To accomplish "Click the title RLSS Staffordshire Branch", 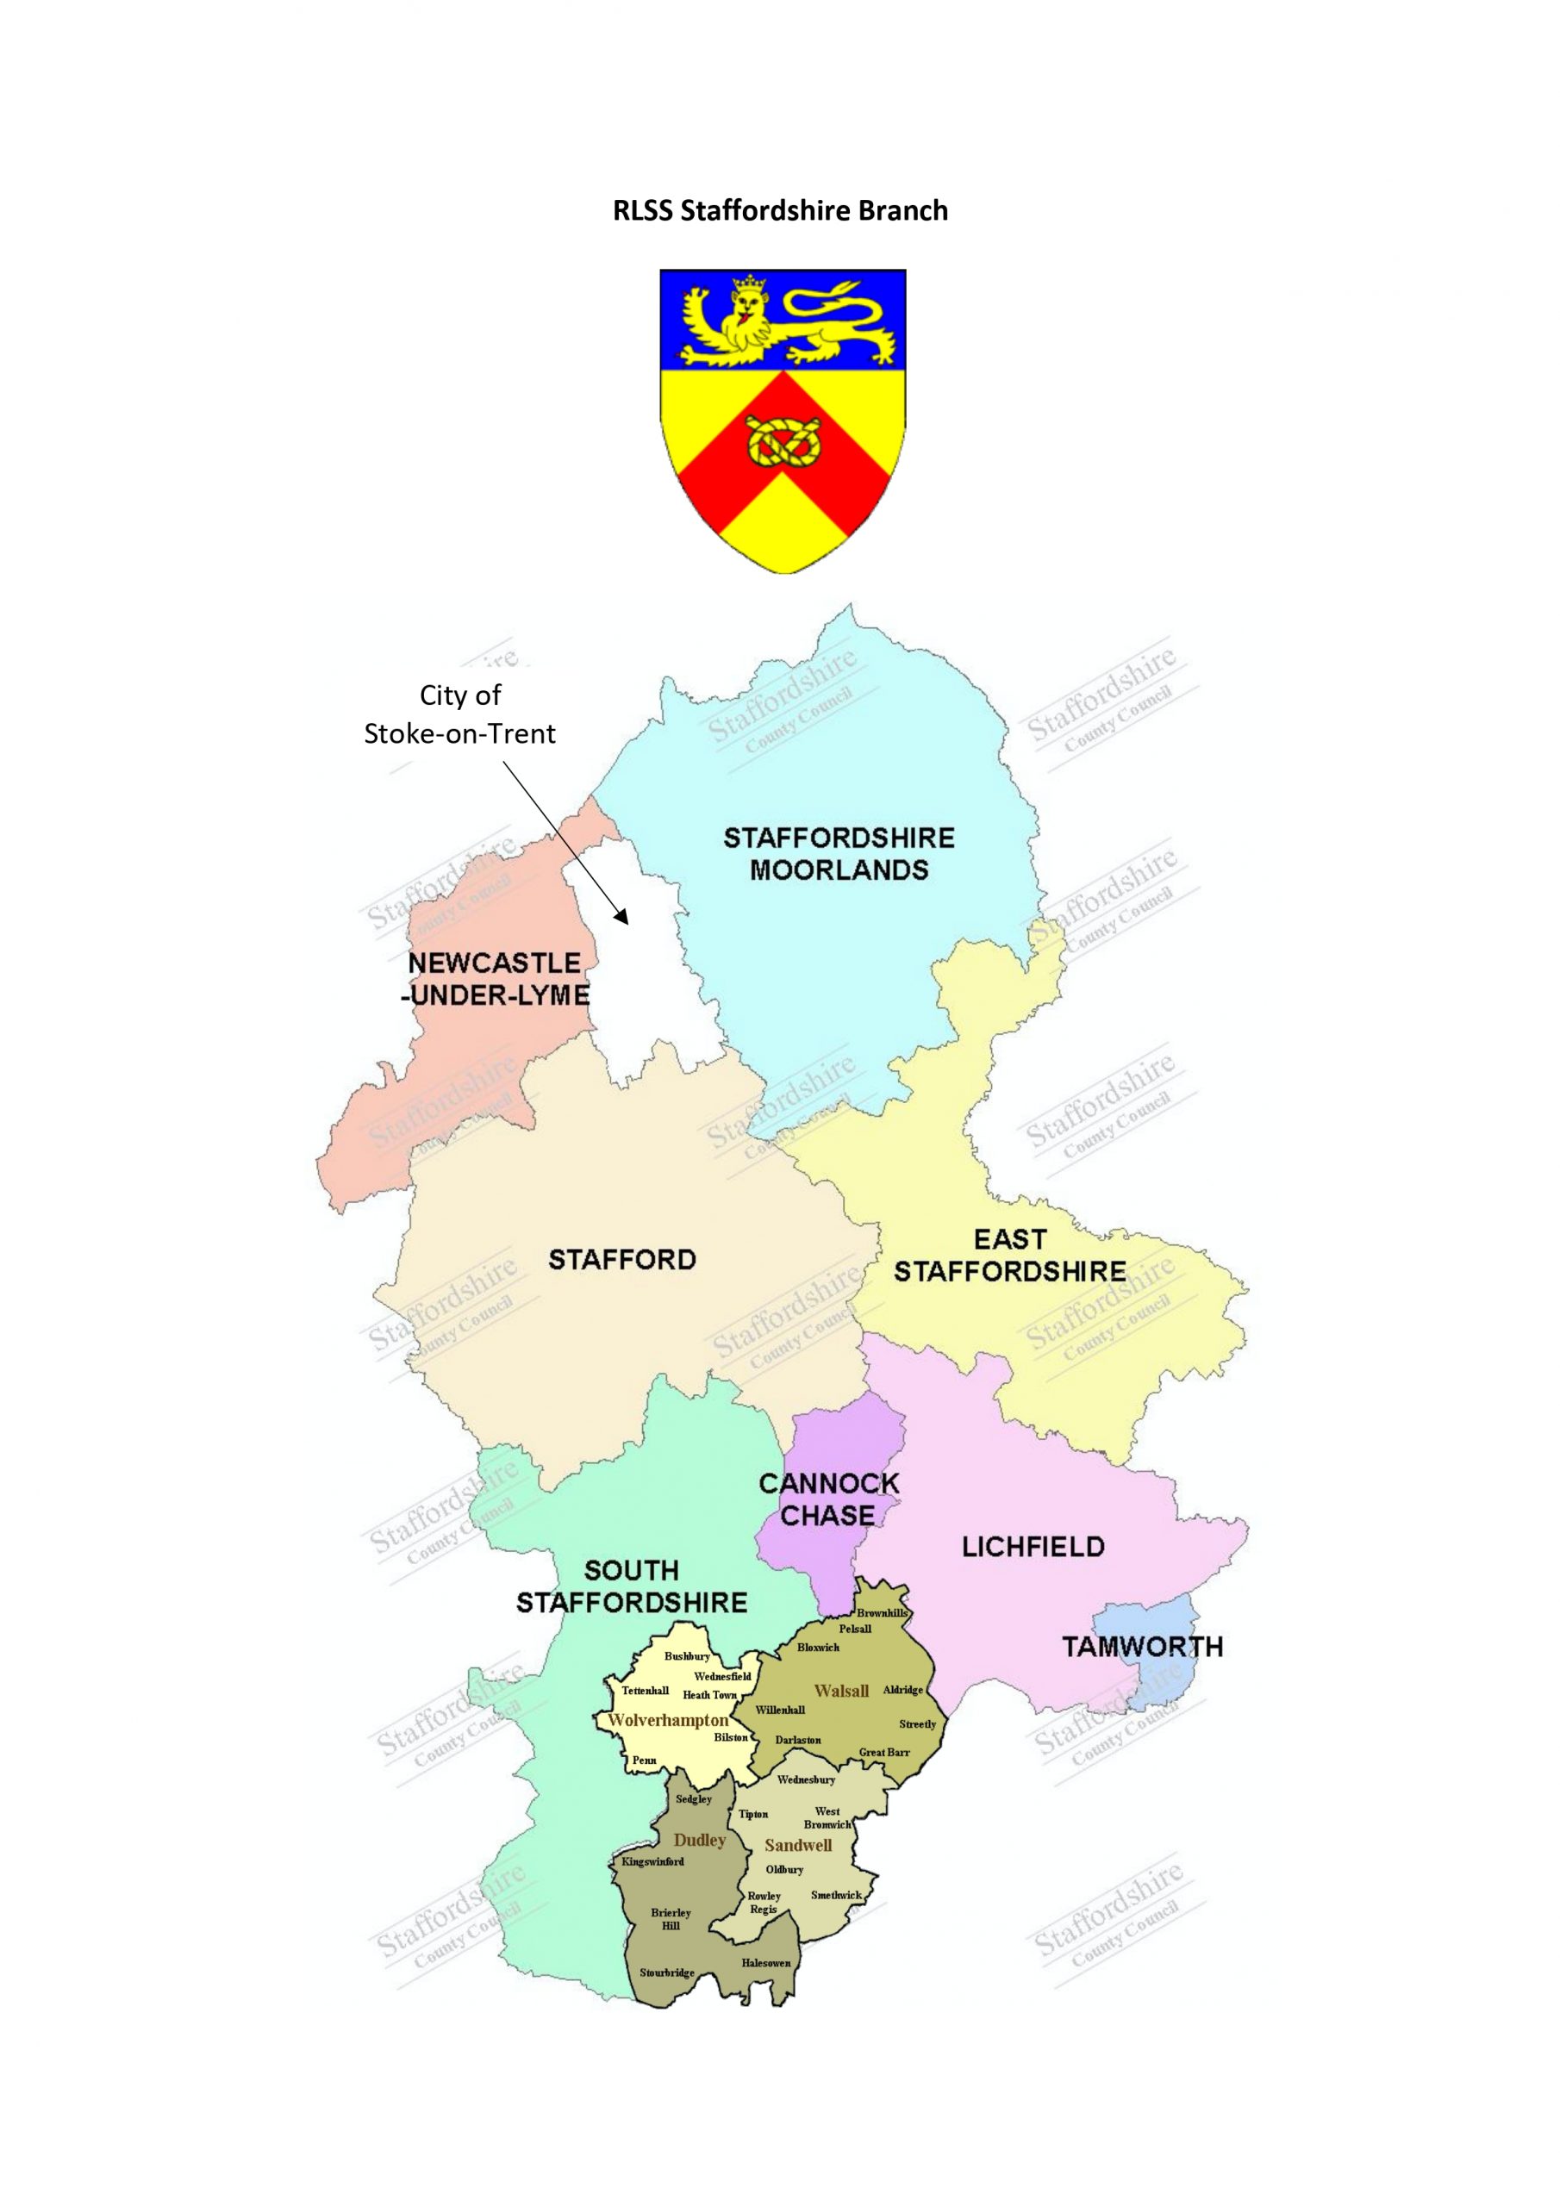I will pyautogui.click(x=779, y=210).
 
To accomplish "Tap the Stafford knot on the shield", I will pyautogui.click(x=783, y=442).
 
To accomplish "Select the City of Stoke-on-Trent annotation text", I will pyautogui.click(x=459, y=714).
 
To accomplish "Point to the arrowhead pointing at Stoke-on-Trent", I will pyautogui.click(x=622, y=917).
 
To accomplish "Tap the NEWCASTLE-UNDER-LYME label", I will pyautogui.click(x=495, y=978).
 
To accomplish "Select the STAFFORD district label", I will pyautogui.click(x=622, y=1259).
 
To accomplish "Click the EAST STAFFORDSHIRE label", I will pyautogui.click(x=1009, y=1255).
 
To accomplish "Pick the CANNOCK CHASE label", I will pyautogui.click(x=827, y=1499).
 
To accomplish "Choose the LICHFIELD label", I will pyautogui.click(x=1033, y=1546).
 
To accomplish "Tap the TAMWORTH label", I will pyautogui.click(x=1142, y=1646).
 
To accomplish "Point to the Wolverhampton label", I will pyautogui.click(x=668, y=1720).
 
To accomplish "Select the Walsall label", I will pyautogui.click(x=841, y=1691).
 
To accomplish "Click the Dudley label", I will pyautogui.click(x=700, y=1840).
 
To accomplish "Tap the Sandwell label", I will pyautogui.click(x=798, y=1845).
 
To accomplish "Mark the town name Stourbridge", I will pyautogui.click(x=667, y=1972).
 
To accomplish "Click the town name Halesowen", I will pyautogui.click(x=766, y=1963).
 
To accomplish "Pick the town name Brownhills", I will pyautogui.click(x=882, y=1613).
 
